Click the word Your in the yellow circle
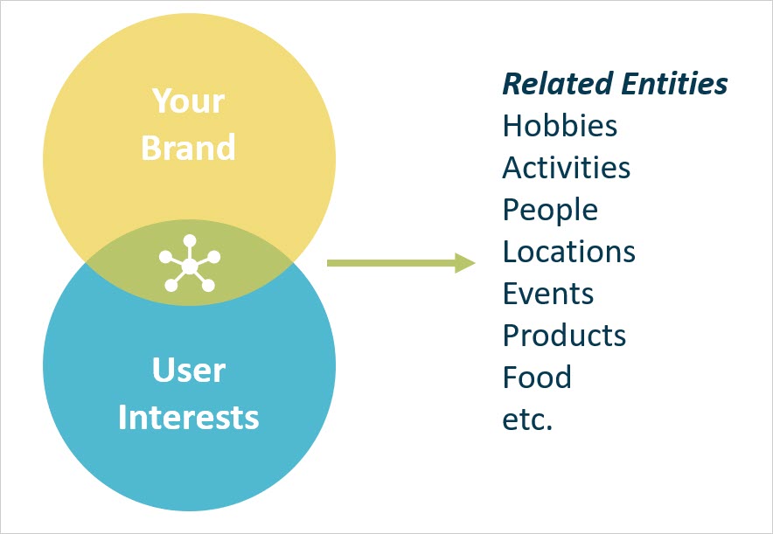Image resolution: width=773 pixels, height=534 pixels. coord(189,101)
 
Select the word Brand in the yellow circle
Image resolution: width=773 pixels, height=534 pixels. coord(189,147)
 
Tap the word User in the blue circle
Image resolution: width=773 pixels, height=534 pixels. coord(189,371)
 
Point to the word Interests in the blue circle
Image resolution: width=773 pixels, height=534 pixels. coord(189,417)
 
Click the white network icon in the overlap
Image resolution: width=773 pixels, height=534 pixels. coord(190,263)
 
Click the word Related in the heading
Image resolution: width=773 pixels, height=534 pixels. coord(557,84)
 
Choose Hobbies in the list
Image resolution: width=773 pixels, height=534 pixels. coord(560,126)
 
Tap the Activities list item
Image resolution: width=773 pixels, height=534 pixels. coord(566,168)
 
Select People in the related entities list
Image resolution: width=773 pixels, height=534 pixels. coord(550,210)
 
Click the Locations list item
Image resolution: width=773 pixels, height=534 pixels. coord(568,252)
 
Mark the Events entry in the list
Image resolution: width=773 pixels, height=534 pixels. coord(548,294)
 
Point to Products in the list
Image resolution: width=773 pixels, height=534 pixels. coord(564,336)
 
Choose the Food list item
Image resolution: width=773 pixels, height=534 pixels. coord(537,378)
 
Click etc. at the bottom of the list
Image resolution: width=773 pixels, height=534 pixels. coord(527,420)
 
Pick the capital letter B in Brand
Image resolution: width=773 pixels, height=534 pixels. coord(152,147)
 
